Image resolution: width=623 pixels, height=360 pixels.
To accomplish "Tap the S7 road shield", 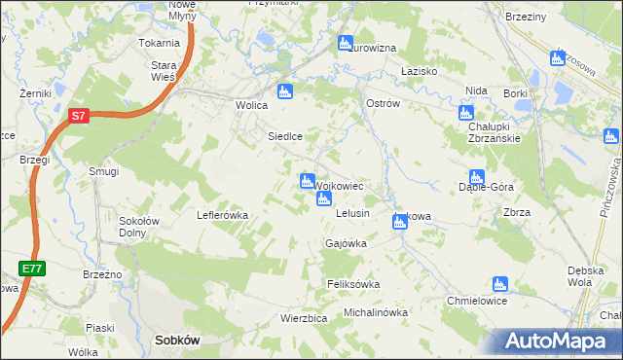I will click(80, 116).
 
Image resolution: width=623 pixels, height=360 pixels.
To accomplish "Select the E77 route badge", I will click(30, 267).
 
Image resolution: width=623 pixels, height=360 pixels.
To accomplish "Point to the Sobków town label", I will click(177, 341).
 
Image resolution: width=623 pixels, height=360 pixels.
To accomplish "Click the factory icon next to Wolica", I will click(284, 92).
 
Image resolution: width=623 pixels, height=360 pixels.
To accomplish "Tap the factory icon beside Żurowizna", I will click(345, 43).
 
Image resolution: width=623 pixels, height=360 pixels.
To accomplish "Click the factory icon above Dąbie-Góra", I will click(476, 177).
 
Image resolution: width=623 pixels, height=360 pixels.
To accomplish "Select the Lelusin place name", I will click(352, 212).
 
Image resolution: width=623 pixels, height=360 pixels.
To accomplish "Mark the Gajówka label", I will click(346, 243).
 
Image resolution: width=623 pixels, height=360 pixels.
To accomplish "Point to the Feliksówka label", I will click(352, 284).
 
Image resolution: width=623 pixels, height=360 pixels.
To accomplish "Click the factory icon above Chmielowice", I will click(500, 284).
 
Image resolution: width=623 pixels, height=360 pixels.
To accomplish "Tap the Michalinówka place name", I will click(376, 313).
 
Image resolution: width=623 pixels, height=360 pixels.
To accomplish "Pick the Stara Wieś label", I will click(163, 71).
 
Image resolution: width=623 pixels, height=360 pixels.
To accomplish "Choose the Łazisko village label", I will click(423, 72).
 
